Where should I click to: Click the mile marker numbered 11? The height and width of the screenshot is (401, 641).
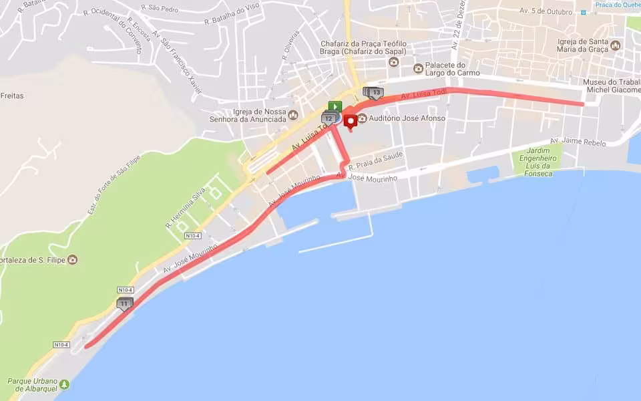(x=124, y=303)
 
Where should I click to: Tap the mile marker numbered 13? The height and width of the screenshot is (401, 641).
(x=376, y=92)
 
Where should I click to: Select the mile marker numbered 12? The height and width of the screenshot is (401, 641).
(x=328, y=118)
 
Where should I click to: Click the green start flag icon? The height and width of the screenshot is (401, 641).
(x=335, y=106)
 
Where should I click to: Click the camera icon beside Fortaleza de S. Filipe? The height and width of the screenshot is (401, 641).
(x=72, y=259)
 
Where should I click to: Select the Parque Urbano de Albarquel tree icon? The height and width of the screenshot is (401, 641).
(x=64, y=384)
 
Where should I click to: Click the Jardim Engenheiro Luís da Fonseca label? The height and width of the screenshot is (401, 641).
(x=538, y=161)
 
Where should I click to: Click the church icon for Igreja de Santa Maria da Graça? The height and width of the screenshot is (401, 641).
(x=615, y=45)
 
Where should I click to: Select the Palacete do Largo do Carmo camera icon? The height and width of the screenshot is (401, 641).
(x=419, y=68)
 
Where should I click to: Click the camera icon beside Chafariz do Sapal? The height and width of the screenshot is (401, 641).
(x=393, y=61)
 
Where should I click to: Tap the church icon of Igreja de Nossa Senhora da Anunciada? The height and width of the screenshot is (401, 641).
(x=293, y=115)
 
